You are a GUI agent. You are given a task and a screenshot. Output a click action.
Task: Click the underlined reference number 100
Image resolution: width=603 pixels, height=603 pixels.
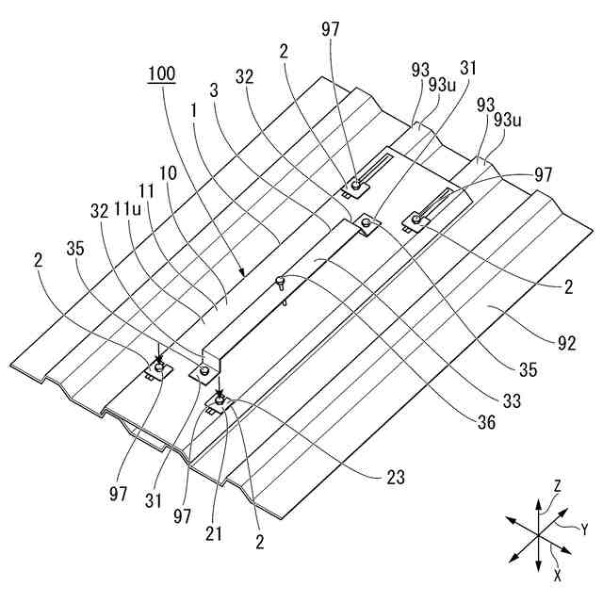(x=161, y=73)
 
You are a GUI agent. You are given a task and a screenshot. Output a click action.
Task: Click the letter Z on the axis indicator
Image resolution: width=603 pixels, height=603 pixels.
(x=558, y=485)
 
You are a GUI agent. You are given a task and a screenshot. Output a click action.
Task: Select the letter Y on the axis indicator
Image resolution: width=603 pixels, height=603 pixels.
(x=583, y=530)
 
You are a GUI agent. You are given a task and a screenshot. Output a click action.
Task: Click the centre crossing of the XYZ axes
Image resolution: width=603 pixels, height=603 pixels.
(x=538, y=534)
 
